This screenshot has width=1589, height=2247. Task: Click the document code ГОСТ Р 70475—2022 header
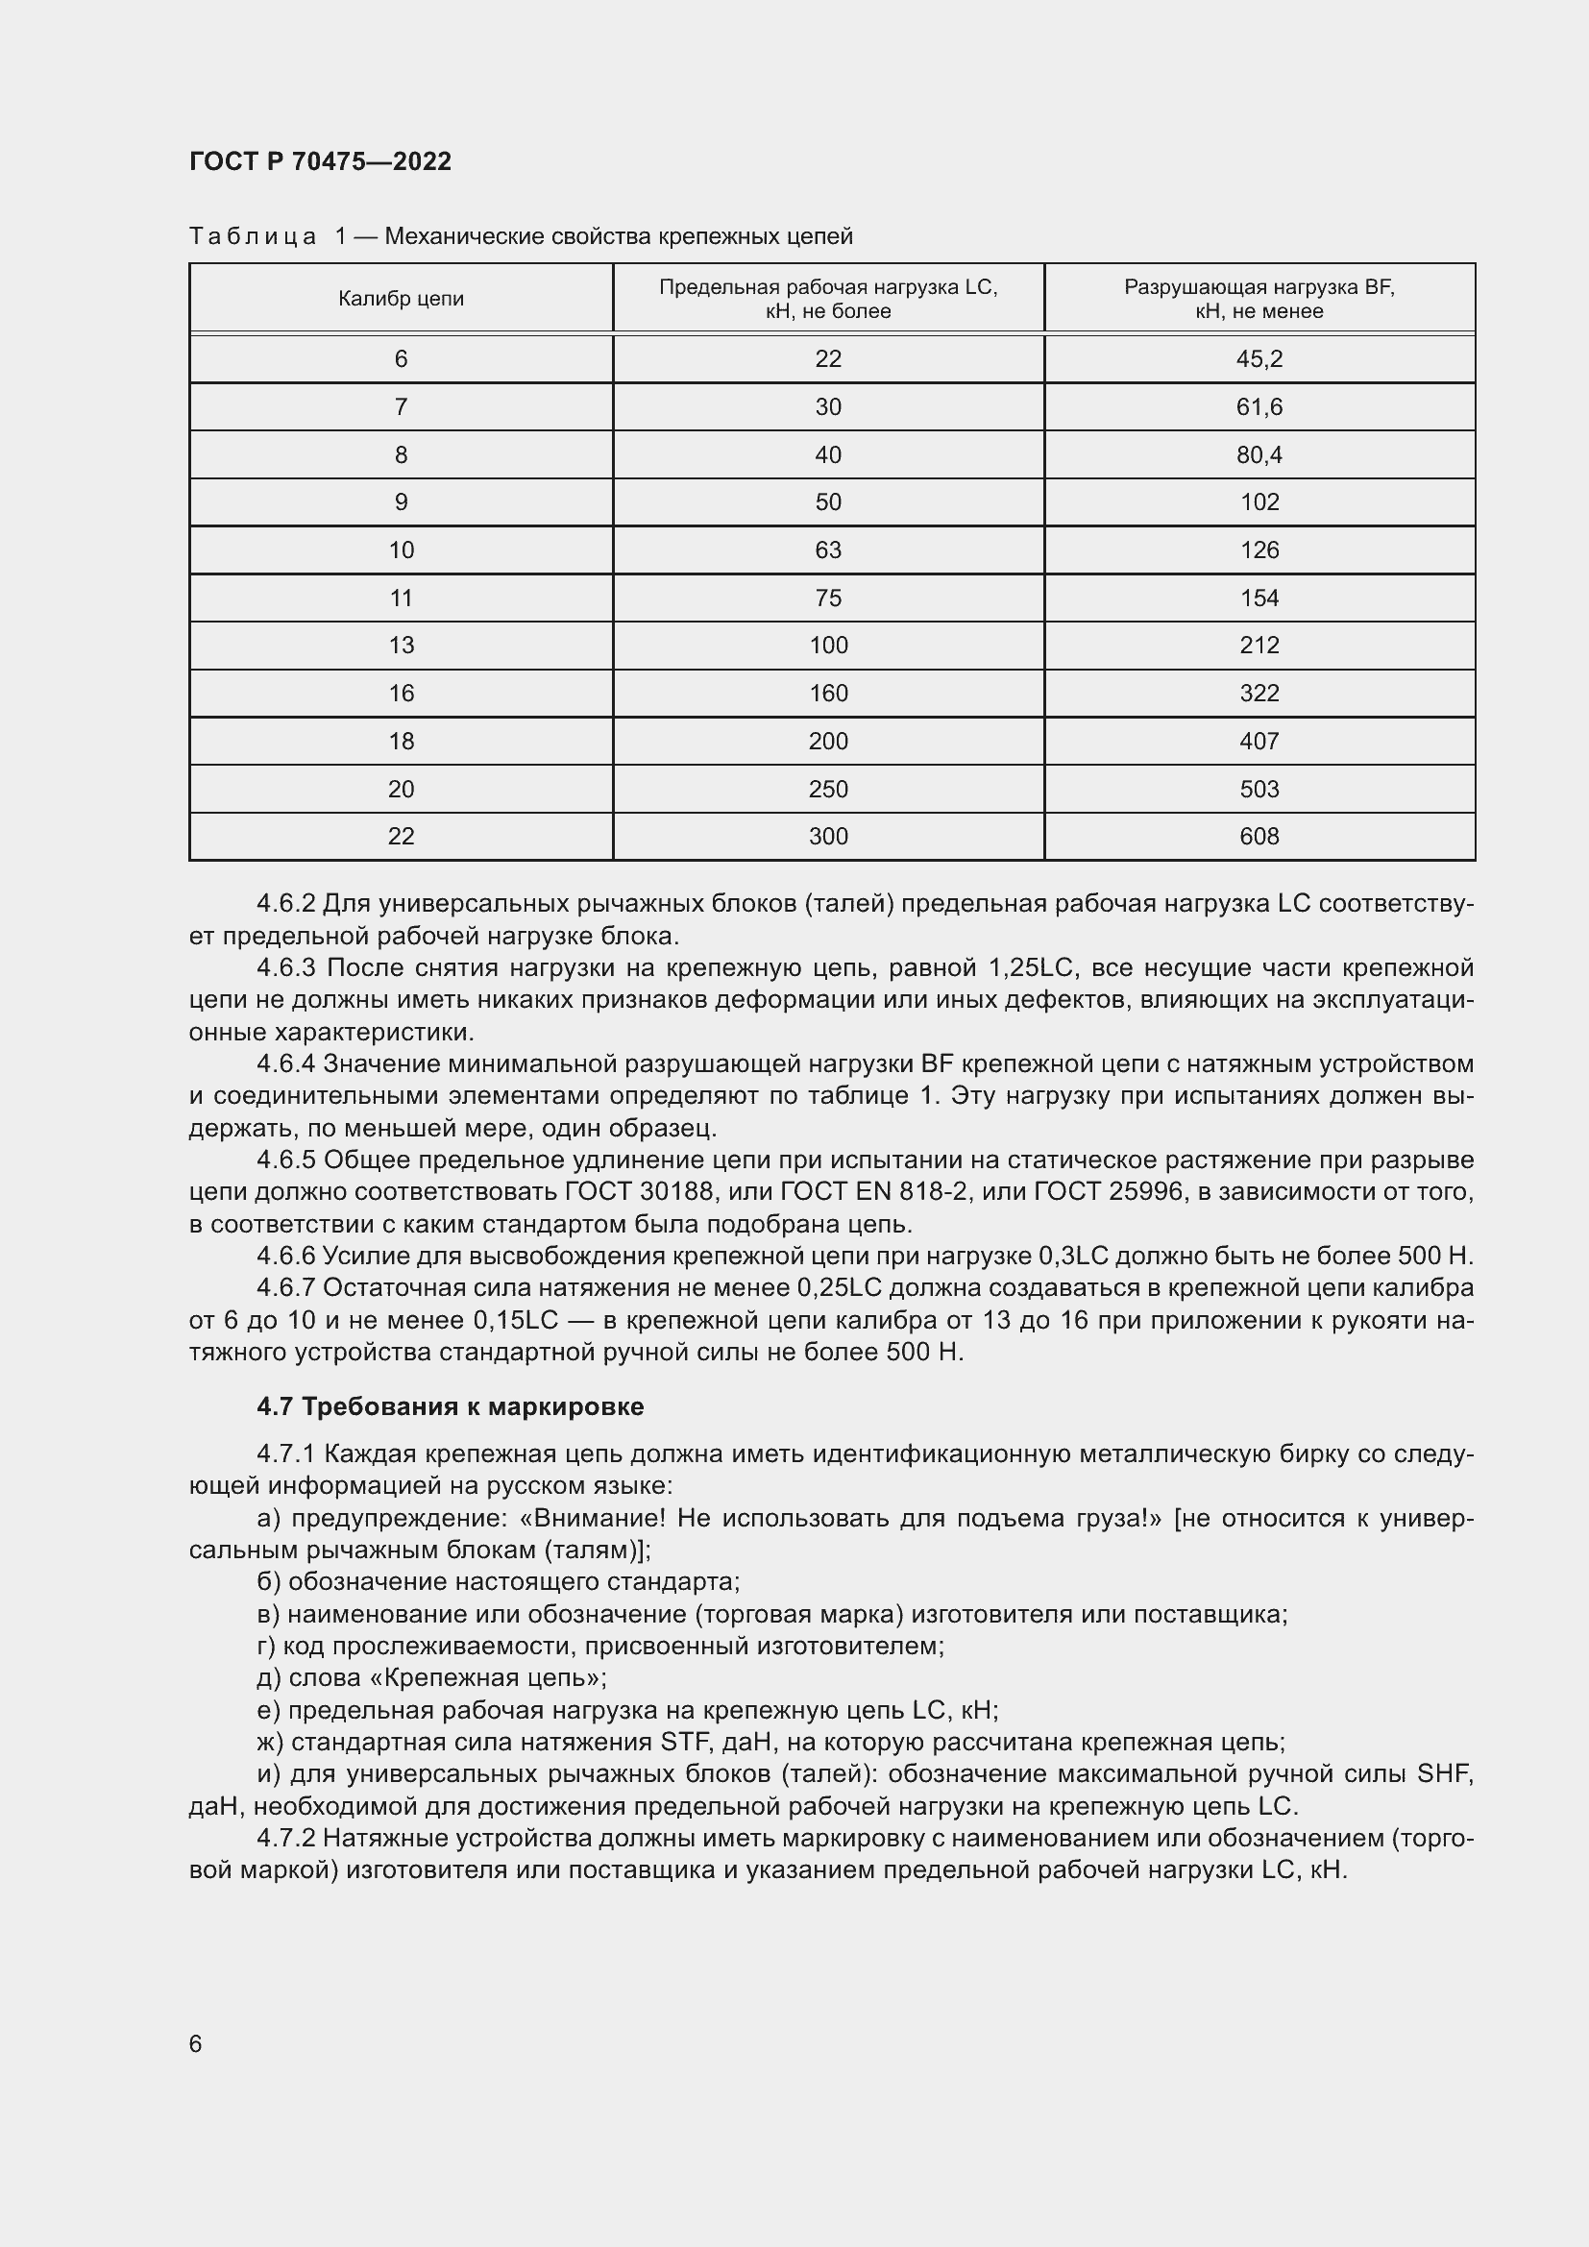(320, 161)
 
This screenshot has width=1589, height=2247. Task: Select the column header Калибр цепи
(402, 299)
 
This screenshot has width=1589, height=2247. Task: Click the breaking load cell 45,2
(1259, 359)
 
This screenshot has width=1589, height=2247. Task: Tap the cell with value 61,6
(1259, 407)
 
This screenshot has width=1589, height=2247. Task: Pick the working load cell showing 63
(828, 550)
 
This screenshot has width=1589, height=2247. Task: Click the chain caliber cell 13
(402, 645)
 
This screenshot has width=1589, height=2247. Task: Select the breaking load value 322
(1259, 693)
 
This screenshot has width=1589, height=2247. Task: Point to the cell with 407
(1259, 741)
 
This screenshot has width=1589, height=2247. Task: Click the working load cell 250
(828, 789)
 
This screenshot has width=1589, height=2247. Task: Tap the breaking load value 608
(1259, 837)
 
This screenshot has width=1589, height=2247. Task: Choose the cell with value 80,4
(1259, 455)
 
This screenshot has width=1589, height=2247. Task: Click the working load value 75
(828, 598)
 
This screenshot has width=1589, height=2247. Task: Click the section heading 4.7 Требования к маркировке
(450, 1406)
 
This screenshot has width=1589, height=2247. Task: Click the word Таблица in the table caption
(253, 237)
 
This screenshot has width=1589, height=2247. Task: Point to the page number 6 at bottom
(196, 2043)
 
